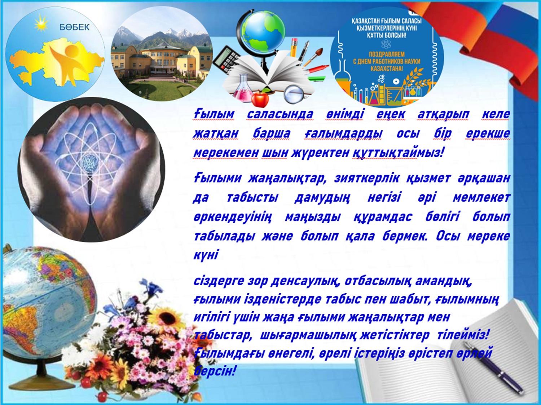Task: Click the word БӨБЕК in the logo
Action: point(74,27)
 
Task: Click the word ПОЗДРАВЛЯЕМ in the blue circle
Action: point(387,54)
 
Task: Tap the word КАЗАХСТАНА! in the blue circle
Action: point(387,68)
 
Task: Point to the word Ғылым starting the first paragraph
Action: point(214,114)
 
